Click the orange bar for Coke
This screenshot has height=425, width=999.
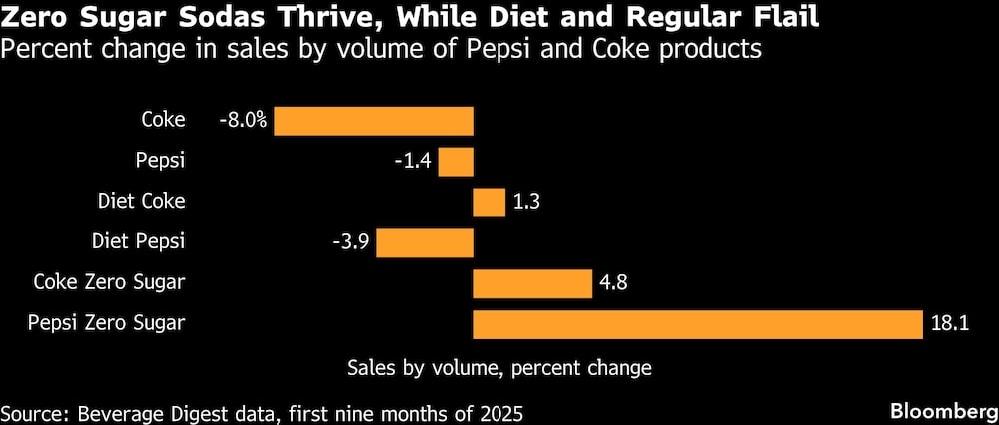(373, 121)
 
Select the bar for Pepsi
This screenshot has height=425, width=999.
(456, 162)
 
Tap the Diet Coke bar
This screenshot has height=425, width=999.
(489, 202)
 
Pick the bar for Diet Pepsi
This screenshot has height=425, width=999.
(424, 242)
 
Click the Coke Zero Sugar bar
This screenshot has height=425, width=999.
(531, 283)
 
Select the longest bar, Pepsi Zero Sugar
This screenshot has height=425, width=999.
(696, 324)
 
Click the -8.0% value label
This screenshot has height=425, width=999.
(244, 121)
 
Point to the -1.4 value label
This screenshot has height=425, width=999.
(414, 162)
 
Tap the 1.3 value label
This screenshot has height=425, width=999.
(526, 202)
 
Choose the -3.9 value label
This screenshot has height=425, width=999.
(351, 242)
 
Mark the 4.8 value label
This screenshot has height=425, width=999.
(613, 283)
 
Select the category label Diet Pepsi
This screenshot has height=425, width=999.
(138, 241)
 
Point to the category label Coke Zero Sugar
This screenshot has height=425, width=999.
(109, 282)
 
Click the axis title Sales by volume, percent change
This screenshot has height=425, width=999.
(499, 368)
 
